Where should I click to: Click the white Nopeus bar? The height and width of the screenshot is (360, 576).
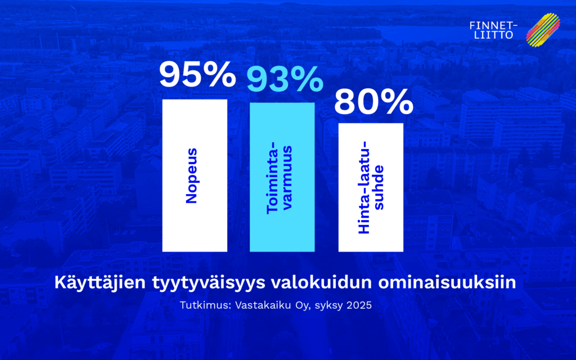coord(195,175)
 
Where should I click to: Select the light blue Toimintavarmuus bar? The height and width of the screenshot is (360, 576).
coord(282,177)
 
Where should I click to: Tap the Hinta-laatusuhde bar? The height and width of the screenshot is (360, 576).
coord(371,187)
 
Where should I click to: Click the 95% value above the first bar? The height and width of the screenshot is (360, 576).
coord(197,75)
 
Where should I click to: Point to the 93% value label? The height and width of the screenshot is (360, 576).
coord(285,79)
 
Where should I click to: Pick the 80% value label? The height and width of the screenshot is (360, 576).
coord(373,102)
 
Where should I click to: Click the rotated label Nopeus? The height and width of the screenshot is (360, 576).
coord(192,175)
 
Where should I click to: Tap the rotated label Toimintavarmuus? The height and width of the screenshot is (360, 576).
coord(279,178)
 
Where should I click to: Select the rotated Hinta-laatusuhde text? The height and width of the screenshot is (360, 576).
coord(370,187)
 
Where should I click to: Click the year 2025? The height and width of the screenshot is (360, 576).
coord(359,305)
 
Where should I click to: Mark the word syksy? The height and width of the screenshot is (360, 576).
coord(329,306)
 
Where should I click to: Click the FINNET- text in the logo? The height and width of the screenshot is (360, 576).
coord(494,26)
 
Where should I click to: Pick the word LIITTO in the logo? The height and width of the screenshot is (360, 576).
coord(494,35)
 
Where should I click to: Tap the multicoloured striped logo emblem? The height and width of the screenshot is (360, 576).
coord(543,30)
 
